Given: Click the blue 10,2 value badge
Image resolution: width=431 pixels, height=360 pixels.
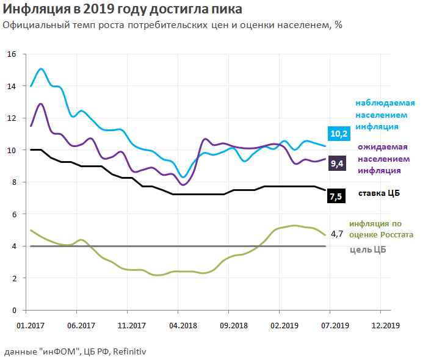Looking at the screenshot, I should point(339,134).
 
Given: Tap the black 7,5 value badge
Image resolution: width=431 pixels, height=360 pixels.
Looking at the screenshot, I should point(336,196).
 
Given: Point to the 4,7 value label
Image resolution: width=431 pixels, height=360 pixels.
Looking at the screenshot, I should point(337,234).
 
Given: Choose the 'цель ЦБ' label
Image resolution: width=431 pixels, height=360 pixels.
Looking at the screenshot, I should point(368,250).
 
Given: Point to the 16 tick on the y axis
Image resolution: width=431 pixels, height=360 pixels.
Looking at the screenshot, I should point(10,54).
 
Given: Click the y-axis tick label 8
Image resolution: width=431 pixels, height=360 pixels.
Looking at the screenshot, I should point(13,182).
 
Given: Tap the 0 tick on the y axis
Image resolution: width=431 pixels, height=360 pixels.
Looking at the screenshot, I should point(13,311).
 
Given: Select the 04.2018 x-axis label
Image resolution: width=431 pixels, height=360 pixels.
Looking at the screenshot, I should point(181,326).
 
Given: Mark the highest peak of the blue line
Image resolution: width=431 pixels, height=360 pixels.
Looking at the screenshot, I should point(41,69).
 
